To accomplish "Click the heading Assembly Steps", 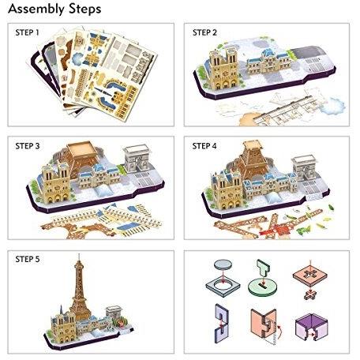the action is [x=54, y=9].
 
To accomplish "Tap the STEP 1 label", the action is [x=28, y=32].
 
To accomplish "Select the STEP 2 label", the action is [x=204, y=32].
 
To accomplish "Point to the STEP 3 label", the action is [x=28, y=146].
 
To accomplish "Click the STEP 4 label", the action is [x=204, y=146].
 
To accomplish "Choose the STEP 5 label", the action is [x=28, y=259].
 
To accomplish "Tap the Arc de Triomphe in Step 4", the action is [x=305, y=168].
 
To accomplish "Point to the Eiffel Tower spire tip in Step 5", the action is [x=79, y=254].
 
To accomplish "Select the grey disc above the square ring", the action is [x=223, y=264].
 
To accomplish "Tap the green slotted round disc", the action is [x=262, y=287].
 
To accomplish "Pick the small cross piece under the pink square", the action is [x=310, y=294].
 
